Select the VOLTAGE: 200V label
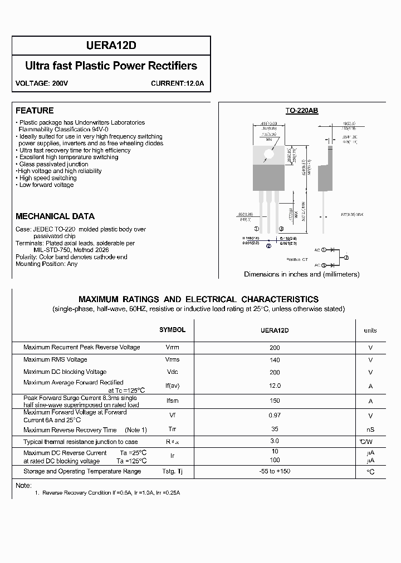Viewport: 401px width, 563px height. tap(37, 84)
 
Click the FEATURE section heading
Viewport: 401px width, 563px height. tap(35, 111)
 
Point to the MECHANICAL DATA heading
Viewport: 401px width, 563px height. tap(55, 216)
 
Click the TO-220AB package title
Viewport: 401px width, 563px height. tap(302, 111)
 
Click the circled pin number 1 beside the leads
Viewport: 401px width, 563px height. tap(257, 229)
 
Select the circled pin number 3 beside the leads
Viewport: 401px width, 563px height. tap(282, 229)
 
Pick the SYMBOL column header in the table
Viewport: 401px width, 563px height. tap(173, 330)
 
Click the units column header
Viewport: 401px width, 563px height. tap(370, 330)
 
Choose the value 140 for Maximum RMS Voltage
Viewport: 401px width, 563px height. tap(275, 360)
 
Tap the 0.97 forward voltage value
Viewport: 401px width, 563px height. tap(275, 415)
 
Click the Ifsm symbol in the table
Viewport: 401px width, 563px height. tap(173, 401)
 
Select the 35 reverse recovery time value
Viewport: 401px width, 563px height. tap(275, 429)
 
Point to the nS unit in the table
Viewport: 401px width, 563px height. tap(370, 429)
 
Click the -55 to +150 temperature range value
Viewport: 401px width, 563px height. tap(275, 471)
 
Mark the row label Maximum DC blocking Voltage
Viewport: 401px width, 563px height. tap(65, 372)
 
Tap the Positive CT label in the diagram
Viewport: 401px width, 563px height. tap(297, 260)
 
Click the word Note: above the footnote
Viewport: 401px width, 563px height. tap(23, 486)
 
